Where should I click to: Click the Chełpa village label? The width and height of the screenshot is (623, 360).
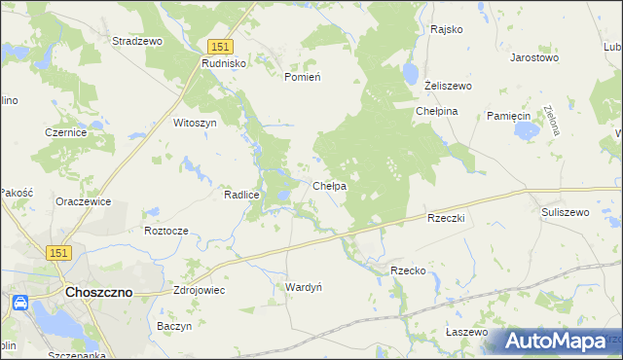[x=330, y=185]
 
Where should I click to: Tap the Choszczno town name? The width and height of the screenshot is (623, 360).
[x=98, y=291]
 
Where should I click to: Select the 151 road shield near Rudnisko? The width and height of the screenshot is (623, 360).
[x=220, y=46]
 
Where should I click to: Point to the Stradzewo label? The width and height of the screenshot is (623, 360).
[x=136, y=42]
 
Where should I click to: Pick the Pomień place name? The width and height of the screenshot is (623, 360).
[x=302, y=77]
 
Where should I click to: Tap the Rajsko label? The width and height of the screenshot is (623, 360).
[x=446, y=29]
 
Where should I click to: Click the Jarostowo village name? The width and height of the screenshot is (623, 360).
[x=534, y=57]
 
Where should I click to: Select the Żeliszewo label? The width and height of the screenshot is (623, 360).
[x=448, y=86]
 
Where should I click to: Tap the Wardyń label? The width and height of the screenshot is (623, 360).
[x=303, y=287]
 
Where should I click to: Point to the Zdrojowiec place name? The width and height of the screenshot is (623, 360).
[x=198, y=290]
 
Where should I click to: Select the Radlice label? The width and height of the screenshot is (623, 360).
[x=240, y=195]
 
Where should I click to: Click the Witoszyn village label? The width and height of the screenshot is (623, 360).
[x=194, y=124]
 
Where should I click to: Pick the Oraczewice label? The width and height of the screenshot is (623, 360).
[x=83, y=201]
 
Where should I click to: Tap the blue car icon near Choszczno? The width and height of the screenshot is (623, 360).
[x=19, y=304]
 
